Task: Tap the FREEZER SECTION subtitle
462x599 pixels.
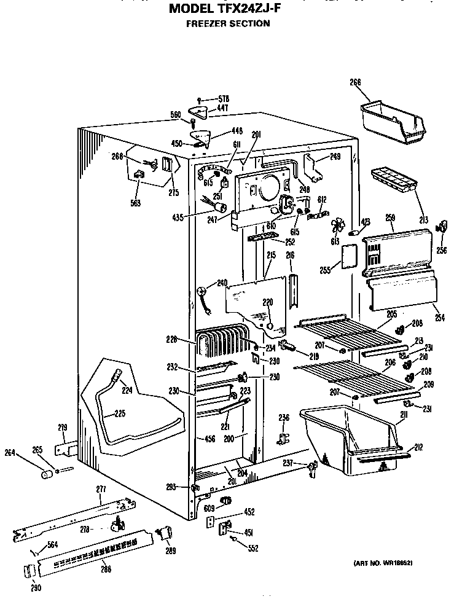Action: (228, 23)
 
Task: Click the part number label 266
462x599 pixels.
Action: (355, 82)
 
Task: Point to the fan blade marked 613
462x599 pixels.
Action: (336, 225)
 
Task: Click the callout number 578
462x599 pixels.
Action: (223, 98)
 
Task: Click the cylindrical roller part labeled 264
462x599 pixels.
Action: (46, 474)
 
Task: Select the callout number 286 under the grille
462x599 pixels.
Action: (106, 568)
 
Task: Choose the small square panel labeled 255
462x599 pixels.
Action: (348, 257)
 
